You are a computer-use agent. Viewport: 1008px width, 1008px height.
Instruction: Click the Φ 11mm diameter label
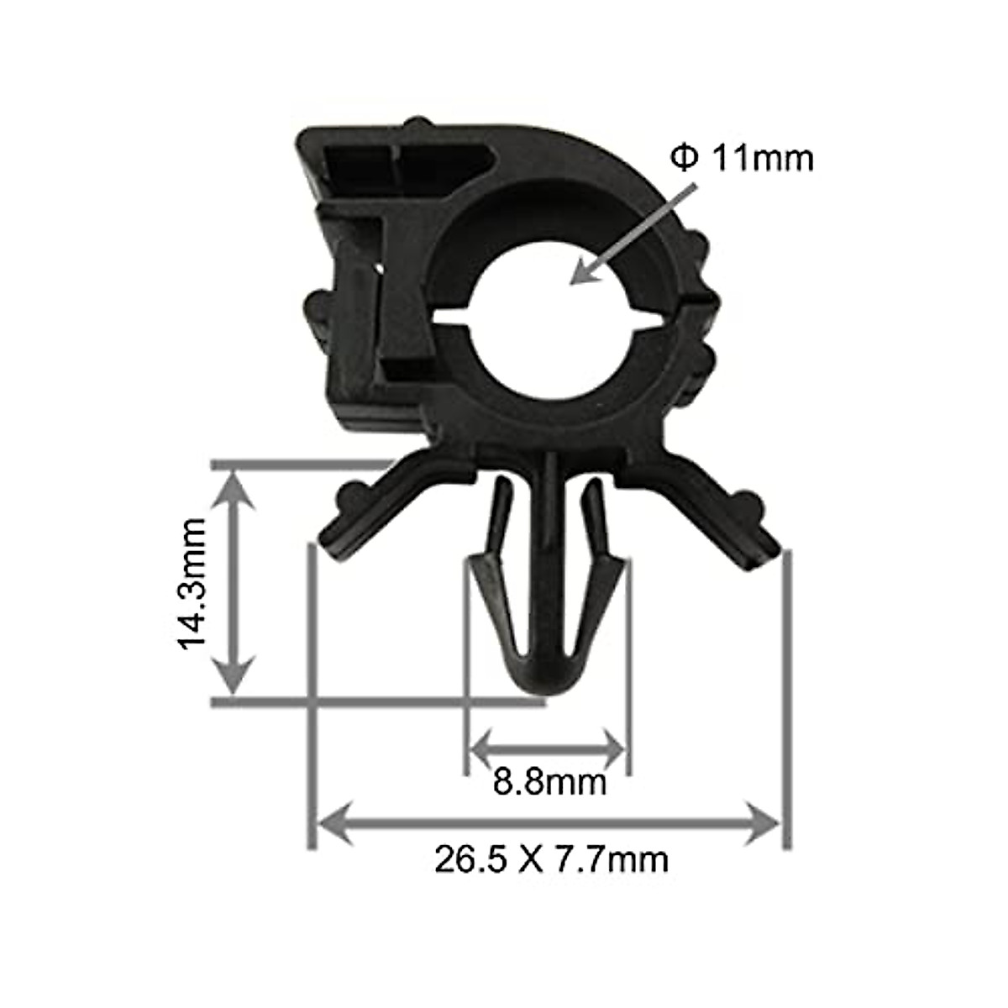742,158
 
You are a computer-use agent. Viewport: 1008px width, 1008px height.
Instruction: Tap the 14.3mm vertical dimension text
192,584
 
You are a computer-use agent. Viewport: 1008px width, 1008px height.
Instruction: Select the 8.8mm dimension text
549,783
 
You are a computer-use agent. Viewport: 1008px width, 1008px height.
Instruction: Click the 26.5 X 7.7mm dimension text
551,859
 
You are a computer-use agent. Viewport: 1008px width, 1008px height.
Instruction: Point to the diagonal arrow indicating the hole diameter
634,234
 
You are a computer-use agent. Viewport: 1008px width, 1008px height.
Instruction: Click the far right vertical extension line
787,697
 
